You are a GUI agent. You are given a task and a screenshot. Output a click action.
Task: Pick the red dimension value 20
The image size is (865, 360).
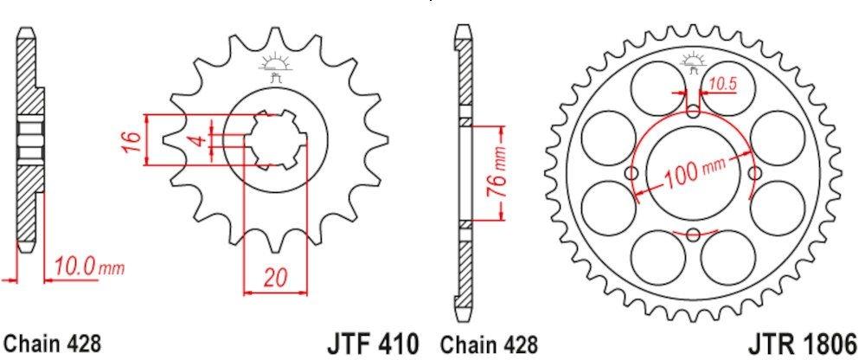point(275,278)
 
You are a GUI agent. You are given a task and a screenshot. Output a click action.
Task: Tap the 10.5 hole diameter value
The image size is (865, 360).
point(723,84)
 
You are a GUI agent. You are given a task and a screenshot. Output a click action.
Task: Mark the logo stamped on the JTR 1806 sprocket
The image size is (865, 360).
point(694,61)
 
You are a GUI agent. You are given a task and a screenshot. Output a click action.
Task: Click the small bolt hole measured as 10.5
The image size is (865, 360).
point(694,110)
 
